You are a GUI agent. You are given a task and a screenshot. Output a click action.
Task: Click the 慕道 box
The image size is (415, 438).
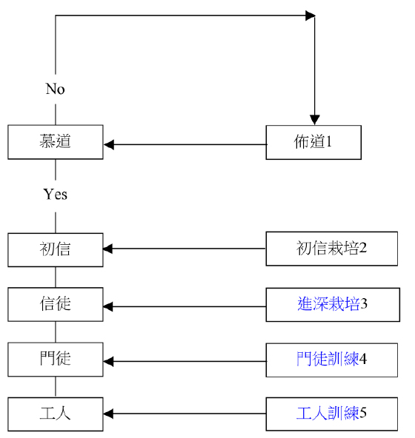point(56,142)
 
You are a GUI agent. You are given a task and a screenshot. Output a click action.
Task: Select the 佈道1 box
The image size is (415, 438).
point(313,143)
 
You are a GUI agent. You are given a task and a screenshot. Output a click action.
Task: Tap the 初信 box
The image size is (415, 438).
point(56,250)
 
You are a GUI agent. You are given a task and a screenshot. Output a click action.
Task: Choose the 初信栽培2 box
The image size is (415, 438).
point(331,249)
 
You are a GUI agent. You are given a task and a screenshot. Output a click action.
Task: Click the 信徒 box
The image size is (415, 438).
point(56,304)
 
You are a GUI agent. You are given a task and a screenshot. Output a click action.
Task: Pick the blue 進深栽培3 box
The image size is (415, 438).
point(333,305)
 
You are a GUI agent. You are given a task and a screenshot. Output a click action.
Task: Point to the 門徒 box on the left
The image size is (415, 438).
point(56,360)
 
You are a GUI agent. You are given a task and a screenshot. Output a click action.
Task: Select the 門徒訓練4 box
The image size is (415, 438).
point(331,360)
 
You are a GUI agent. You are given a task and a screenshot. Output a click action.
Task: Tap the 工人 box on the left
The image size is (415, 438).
point(56,414)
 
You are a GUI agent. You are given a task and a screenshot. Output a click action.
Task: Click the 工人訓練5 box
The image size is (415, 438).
point(331,414)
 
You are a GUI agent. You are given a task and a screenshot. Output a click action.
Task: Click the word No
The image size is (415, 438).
point(55,89)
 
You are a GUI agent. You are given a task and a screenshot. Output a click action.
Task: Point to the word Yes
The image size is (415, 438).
point(55,194)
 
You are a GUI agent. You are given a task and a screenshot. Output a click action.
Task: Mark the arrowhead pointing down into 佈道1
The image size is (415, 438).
point(314,120)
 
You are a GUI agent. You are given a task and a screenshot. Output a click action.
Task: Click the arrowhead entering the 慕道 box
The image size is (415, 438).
point(109,145)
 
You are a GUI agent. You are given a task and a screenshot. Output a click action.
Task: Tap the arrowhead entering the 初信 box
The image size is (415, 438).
point(108,249)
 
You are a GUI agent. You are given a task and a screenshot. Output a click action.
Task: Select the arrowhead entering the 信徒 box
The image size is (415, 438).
point(108,307)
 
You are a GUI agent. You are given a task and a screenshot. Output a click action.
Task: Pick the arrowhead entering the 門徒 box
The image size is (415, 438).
point(108,362)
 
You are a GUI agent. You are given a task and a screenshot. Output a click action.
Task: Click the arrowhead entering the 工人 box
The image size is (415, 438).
point(108,414)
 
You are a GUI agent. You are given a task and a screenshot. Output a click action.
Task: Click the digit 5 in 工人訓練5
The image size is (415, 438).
point(363,412)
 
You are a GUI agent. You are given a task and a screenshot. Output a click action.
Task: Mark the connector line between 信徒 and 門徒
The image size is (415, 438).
point(56,332)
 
